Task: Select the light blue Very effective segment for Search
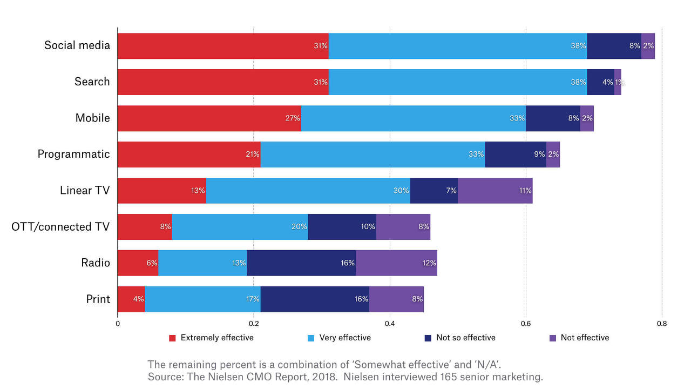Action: pos(457,82)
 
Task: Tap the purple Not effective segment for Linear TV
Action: pos(495,191)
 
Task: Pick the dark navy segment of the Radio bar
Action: pos(301,263)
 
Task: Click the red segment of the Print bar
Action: pos(131,299)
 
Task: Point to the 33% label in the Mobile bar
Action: pos(517,118)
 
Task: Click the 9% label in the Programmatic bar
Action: pos(539,155)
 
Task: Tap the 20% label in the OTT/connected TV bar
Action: pos(299,227)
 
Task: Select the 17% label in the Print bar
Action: pos(252,299)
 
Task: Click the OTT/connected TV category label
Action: pos(60,227)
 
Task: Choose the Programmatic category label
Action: pos(73,155)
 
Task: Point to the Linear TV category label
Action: pos(85,191)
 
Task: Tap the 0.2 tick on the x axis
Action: pos(253,324)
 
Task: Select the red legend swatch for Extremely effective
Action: pos(173,338)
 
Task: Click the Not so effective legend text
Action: pos(465,338)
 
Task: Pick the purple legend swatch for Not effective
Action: pos(552,338)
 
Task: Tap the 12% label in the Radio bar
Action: pos(429,263)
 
